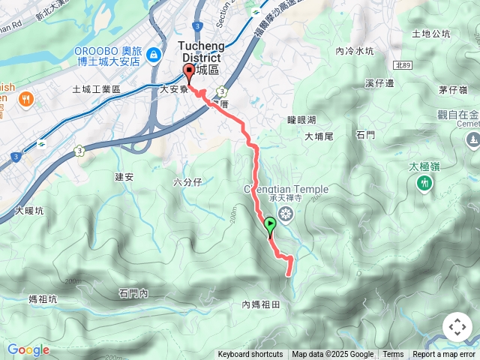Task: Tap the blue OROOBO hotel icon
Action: [154, 54]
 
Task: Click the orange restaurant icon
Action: [27, 97]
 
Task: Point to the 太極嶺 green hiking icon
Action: [425, 182]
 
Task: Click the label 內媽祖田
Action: [260, 304]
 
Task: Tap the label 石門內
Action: [133, 293]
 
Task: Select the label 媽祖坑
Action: [42, 299]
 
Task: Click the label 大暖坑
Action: [29, 211]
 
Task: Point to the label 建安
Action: [124, 177]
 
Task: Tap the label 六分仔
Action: [187, 182]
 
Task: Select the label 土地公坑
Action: [431, 34]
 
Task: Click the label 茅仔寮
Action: [454, 90]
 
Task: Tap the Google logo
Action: [28, 349]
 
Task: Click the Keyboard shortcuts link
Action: [250, 355]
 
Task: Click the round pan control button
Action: [457, 327]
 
